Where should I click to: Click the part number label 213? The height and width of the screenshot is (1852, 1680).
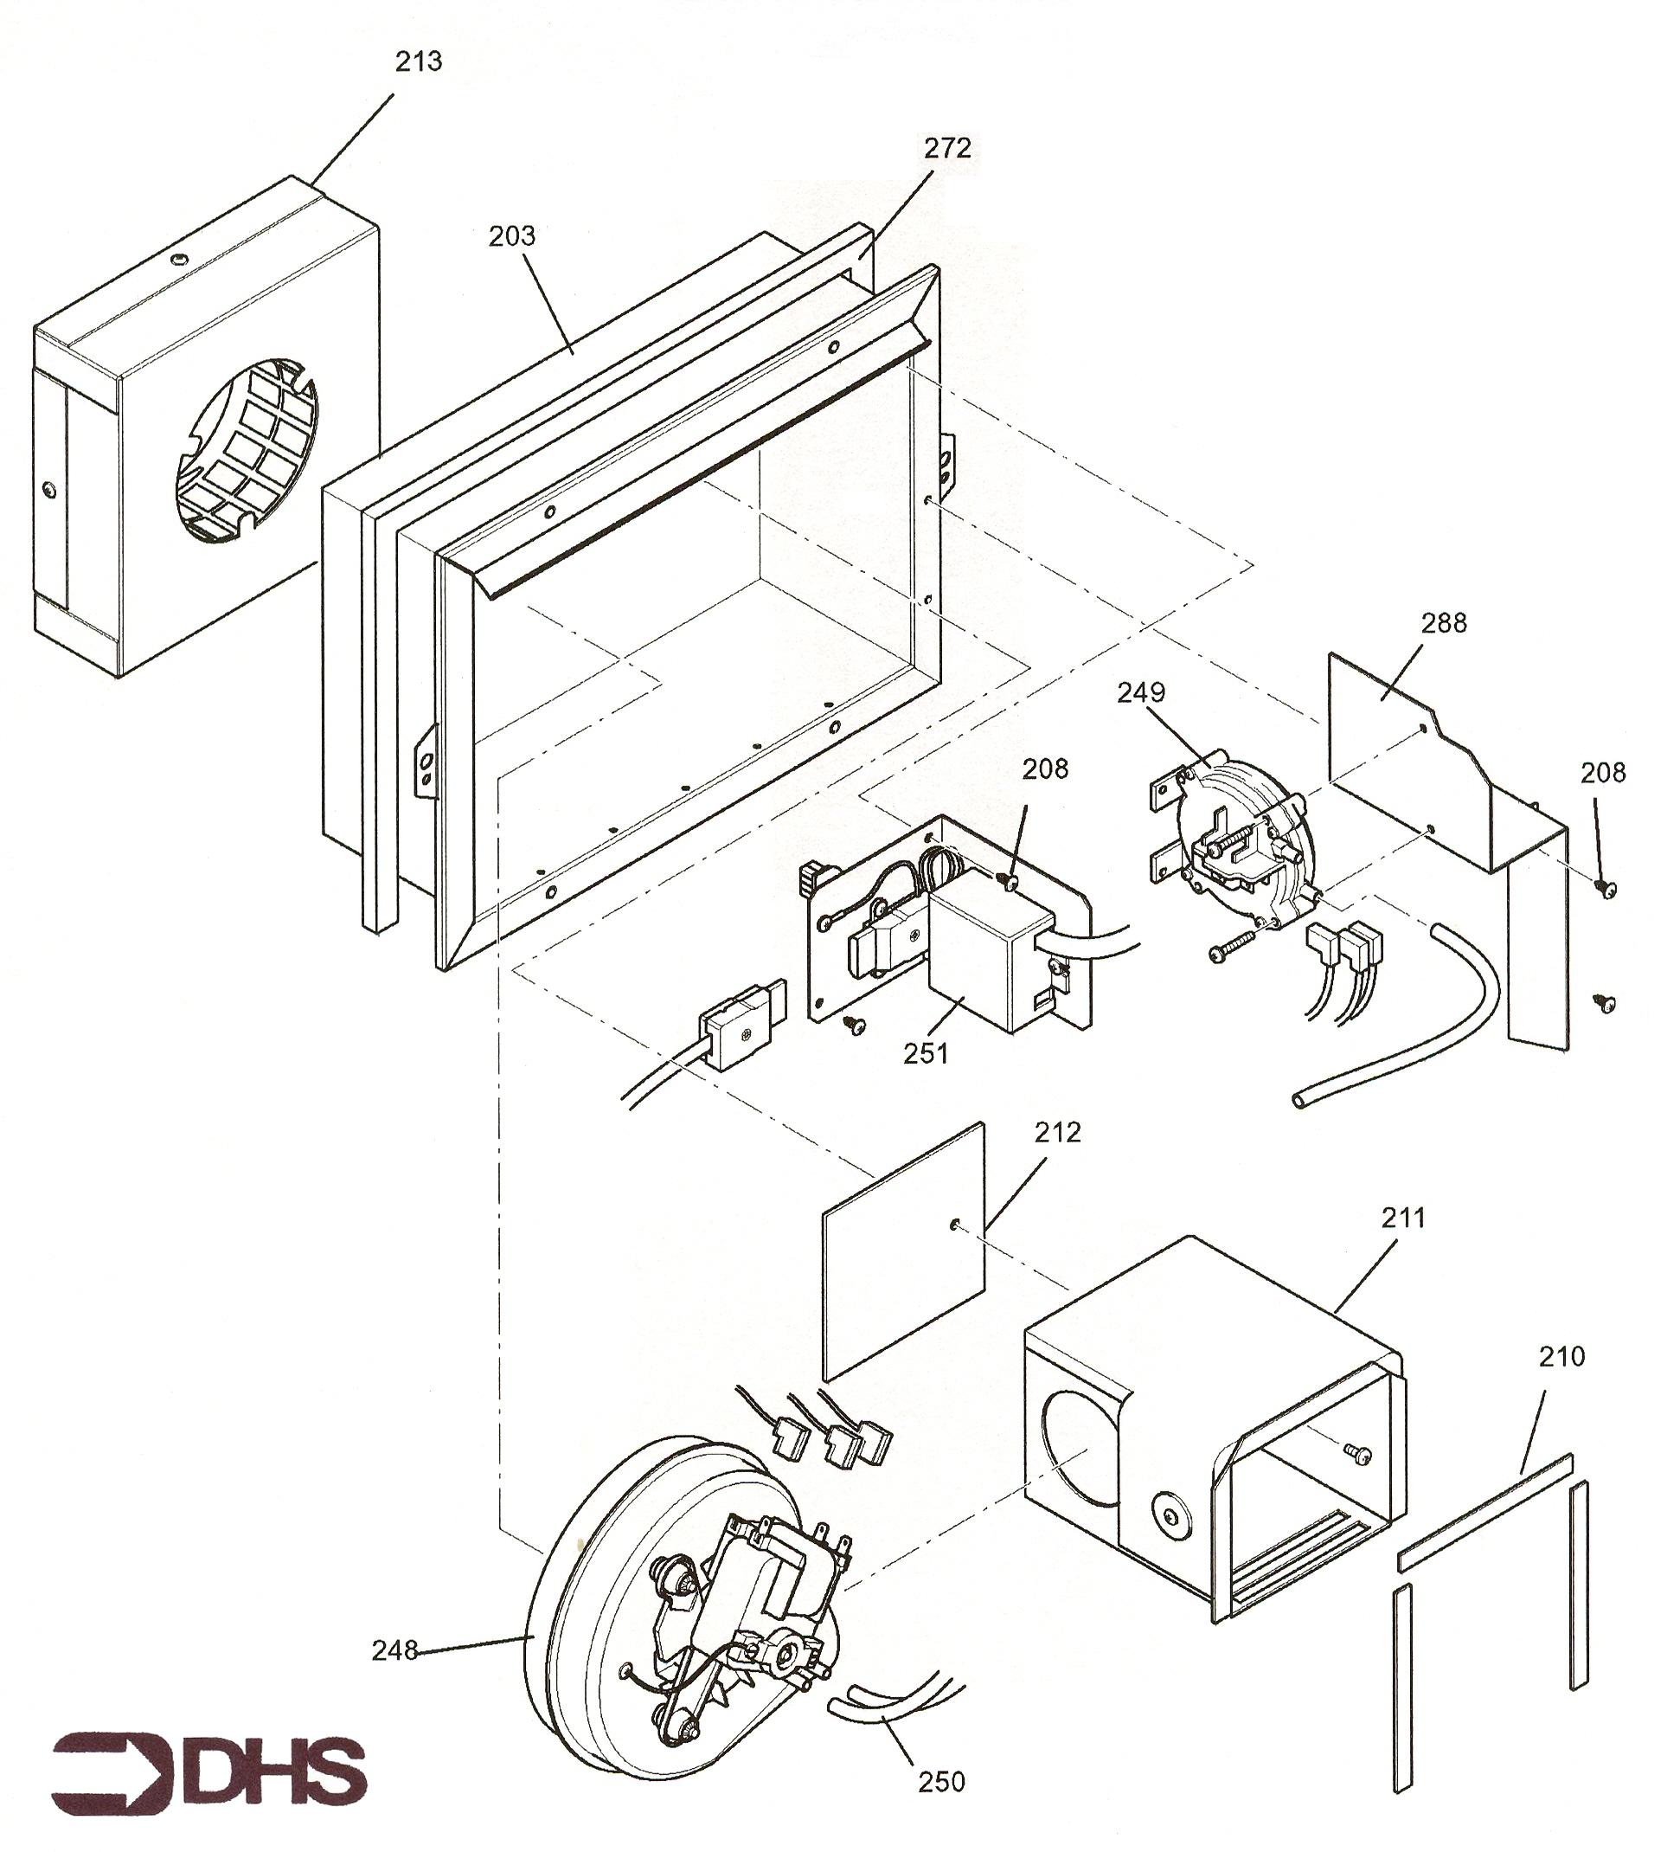(x=419, y=61)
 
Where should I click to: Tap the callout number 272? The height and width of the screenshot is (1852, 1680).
(x=947, y=148)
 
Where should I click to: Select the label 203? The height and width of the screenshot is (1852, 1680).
(x=511, y=237)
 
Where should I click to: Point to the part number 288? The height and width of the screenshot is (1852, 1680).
(x=1444, y=623)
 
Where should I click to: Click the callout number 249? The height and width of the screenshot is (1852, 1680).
(x=1141, y=691)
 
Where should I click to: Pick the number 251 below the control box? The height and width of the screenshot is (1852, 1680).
(x=926, y=1054)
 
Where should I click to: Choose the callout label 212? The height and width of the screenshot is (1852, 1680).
(x=1057, y=1133)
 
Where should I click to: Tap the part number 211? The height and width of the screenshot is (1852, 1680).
(x=1403, y=1219)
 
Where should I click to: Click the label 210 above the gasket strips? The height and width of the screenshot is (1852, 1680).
(x=1561, y=1356)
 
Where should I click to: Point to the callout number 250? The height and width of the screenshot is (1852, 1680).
(x=941, y=1782)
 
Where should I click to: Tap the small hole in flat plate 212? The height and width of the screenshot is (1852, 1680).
(x=956, y=1224)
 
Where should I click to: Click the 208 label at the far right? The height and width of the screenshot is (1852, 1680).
(x=1604, y=773)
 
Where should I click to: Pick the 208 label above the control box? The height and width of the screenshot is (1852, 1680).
(x=1045, y=768)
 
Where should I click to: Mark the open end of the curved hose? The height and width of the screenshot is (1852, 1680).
(x=1298, y=1100)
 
